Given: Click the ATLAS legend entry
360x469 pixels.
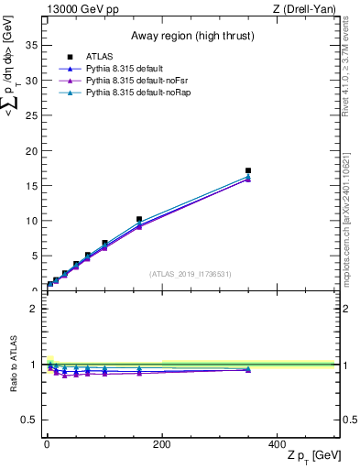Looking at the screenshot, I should pos(99,57).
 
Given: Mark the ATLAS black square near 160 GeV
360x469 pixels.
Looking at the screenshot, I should pos(139,220).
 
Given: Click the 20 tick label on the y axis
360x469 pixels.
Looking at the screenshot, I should pos(34,150).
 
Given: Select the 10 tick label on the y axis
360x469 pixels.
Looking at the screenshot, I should pos(34,221).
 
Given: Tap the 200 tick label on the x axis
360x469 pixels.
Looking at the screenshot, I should pos(162,444).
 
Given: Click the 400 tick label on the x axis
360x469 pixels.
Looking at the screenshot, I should pos(278,444).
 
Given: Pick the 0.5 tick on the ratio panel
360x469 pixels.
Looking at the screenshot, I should pos(32,420).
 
